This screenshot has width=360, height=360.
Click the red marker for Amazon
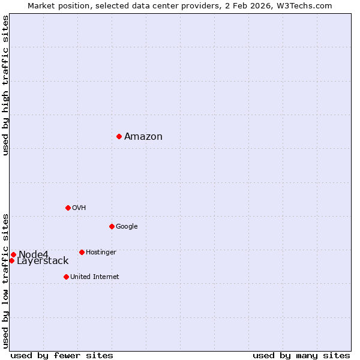click(x=119, y=137)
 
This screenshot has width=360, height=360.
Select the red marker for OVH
click(x=68, y=208)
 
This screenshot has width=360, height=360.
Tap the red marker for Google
click(x=112, y=226)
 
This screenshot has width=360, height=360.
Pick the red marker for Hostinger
click(x=82, y=252)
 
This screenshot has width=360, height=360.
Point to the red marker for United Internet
click(x=66, y=277)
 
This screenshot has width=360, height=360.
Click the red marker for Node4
click(x=13, y=254)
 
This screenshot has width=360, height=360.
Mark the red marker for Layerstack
click(x=11, y=260)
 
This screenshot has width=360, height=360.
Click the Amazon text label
click(x=143, y=137)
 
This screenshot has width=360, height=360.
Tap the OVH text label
click(x=79, y=208)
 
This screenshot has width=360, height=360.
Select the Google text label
click(x=127, y=226)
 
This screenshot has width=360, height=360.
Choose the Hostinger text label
click(x=101, y=252)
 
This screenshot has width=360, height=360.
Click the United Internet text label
click(x=95, y=277)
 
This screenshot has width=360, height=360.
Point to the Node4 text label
click(x=33, y=254)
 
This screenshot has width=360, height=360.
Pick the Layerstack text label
click(x=43, y=261)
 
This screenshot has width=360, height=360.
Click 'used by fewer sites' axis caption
click(x=62, y=355)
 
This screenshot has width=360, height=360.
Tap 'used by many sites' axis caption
click(x=301, y=355)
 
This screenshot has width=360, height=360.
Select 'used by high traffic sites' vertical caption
click(x=6, y=85)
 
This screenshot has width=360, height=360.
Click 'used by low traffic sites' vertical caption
click(x=6, y=280)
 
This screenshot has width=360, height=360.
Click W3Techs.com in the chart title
click(x=307, y=5)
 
